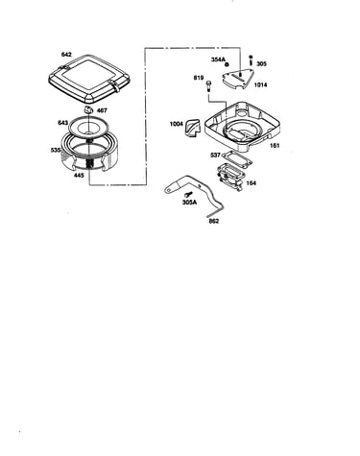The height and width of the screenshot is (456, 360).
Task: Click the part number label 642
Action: [x=66, y=55]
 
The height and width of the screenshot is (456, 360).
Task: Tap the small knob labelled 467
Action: [x=88, y=109]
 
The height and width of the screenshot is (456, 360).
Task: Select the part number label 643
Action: [x=62, y=123]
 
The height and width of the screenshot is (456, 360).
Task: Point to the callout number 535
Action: [x=56, y=150]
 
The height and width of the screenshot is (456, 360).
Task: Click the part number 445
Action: [x=79, y=175]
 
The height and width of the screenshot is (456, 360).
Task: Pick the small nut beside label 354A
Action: [x=228, y=64]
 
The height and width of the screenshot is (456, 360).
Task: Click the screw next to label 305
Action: [x=251, y=60]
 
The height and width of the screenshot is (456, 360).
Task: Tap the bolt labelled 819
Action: [x=209, y=86]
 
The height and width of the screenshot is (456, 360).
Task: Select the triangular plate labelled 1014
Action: [x=238, y=79]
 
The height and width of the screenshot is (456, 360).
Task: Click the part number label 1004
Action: [x=177, y=124]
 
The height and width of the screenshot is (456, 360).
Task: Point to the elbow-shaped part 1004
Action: [x=192, y=128]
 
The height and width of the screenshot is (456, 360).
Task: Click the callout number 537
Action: [x=215, y=156]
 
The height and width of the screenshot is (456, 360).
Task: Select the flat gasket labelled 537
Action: [x=237, y=158]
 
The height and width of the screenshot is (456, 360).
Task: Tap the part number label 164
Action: [x=252, y=183]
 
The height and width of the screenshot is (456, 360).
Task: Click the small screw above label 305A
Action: [x=188, y=194]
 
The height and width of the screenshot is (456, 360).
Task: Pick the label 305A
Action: [x=189, y=203]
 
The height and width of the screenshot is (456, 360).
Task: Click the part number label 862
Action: [x=214, y=221]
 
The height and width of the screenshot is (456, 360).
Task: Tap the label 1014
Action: [x=260, y=84]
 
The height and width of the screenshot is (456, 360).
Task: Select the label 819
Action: [x=199, y=78]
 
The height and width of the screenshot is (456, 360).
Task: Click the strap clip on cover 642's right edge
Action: [x=115, y=86]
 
